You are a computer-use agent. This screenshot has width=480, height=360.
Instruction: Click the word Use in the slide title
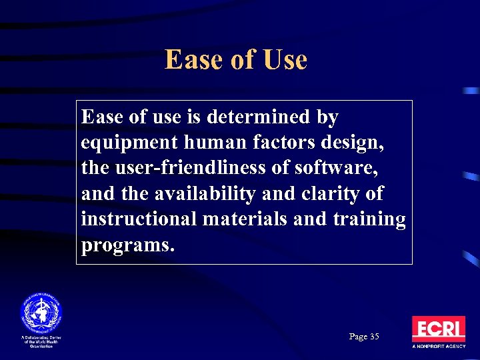tap(285, 60)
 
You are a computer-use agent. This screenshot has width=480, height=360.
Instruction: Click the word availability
tap(204, 193)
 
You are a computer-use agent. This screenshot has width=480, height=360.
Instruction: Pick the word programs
tap(127, 245)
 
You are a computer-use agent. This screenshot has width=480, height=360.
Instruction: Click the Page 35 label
tap(364, 337)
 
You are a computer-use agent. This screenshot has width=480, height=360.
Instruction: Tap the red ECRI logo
tap(438, 329)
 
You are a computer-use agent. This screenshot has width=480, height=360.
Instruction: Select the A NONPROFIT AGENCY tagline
tap(438, 347)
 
